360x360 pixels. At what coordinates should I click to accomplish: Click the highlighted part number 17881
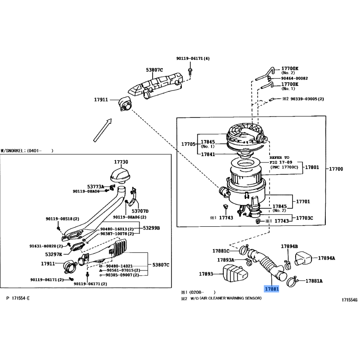click(272, 289)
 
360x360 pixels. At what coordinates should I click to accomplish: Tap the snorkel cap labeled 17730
click(120, 175)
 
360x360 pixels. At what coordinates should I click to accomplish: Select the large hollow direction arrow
click(103, 130)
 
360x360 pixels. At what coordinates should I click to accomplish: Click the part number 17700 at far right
click(336, 169)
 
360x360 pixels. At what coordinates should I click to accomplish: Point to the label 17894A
click(326, 258)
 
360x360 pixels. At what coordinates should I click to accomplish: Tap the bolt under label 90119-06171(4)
click(190, 72)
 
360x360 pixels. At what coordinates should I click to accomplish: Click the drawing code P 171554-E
click(18, 298)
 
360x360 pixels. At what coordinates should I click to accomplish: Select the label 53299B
click(152, 228)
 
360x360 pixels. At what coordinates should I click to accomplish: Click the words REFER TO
click(279, 157)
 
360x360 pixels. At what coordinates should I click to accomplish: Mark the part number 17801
click(312, 167)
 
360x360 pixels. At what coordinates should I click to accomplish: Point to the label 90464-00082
click(295, 78)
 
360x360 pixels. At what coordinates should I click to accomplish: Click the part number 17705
click(188, 144)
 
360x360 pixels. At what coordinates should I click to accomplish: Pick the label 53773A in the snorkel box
click(95, 187)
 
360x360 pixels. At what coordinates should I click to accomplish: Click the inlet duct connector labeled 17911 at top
click(126, 104)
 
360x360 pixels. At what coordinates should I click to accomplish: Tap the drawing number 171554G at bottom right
click(350, 300)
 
